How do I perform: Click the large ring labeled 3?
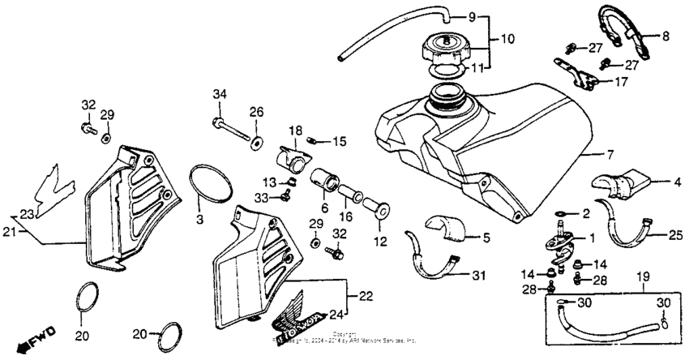213,184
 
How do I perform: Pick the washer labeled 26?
256,143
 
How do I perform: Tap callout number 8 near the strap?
666,36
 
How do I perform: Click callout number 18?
294,130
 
